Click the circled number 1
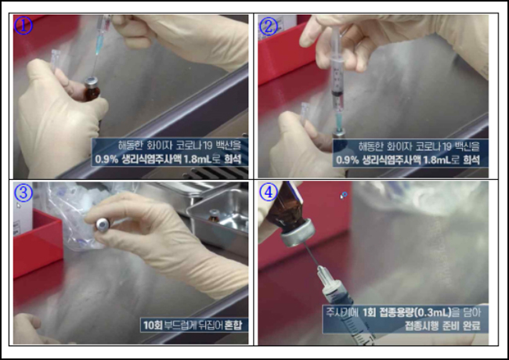pyautogui.click(x=23, y=25)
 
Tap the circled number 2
pyautogui.click(x=268, y=26)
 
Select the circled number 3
pyautogui.click(x=23, y=193)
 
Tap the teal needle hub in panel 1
pyautogui.click(x=99, y=45)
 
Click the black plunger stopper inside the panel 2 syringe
pyautogui.click(x=338, y=93)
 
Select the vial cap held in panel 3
pyautogui.click(x=103, y=225)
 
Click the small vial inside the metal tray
pyautogui.click(x=214, y=216)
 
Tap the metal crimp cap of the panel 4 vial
pyautogui.click(x=298, y=233)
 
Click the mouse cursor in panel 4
pyautogui.click(x=344, y=195)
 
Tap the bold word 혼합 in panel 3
pyautogui.click(x=233, y=325)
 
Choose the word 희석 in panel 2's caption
pyautogui.click(x=471, y=160)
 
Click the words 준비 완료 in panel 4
pyautogui.click(x=460, y=326)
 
